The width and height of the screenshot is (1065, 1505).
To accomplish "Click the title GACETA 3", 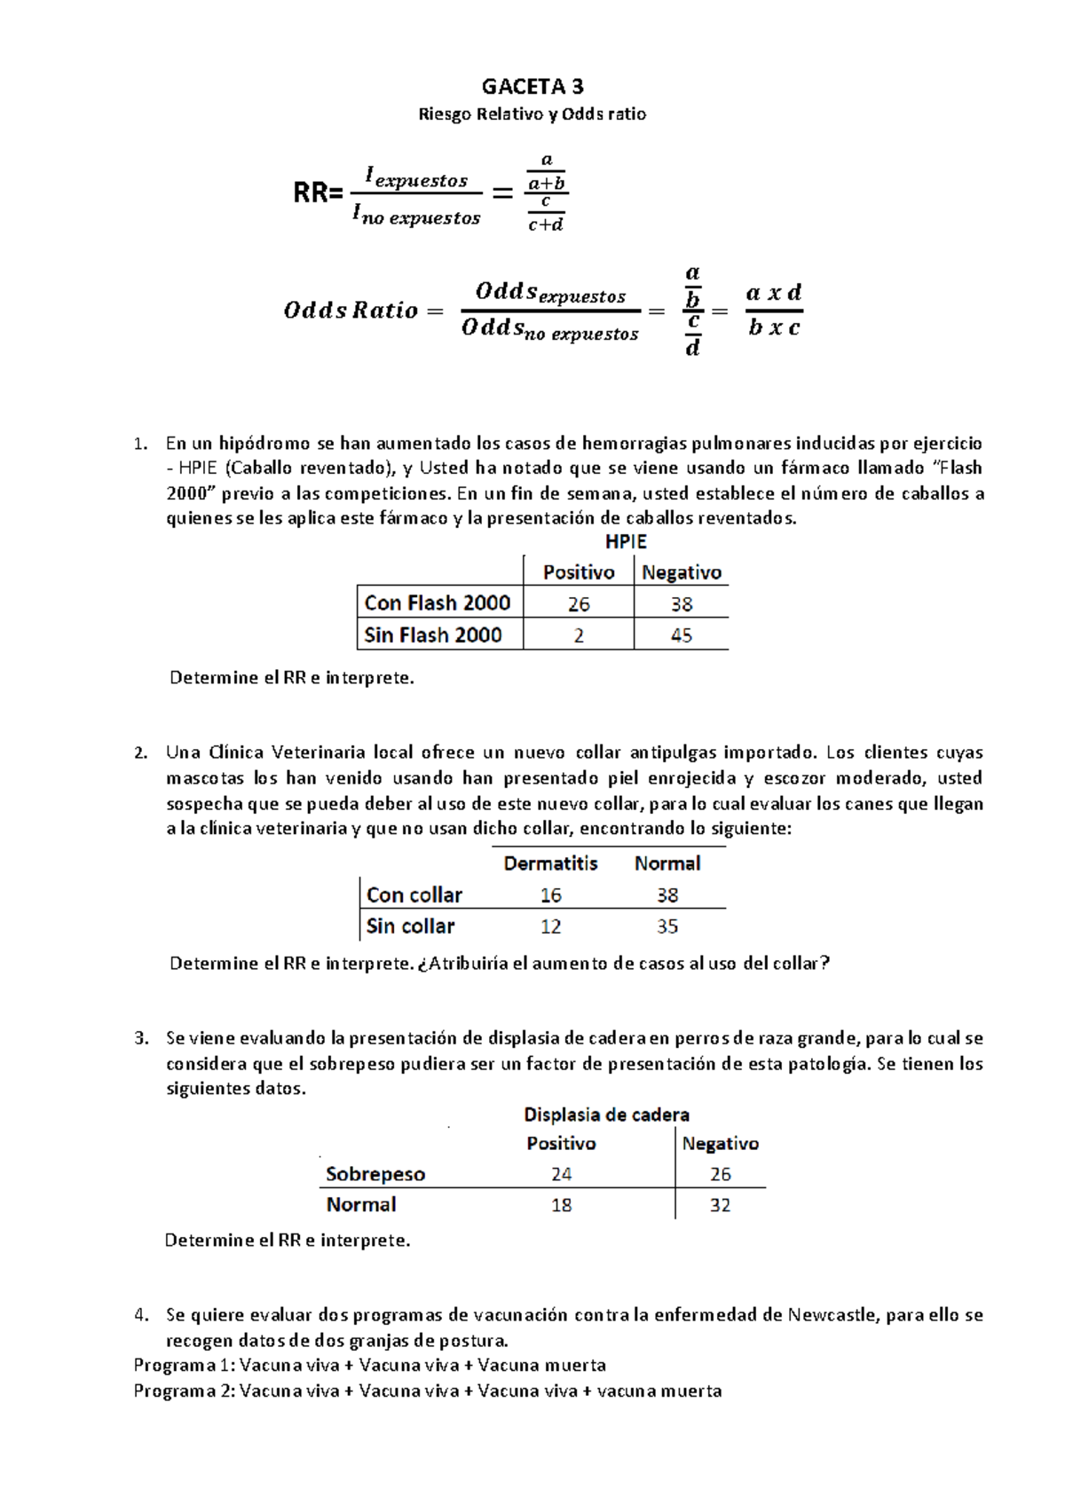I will (x=532, y=86).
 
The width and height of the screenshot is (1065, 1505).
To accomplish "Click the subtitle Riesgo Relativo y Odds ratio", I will (x=532, y=114).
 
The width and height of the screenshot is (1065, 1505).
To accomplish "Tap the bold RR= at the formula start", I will (x=318, y=193).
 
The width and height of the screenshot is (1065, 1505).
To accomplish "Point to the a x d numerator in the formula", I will (x=774, y=293).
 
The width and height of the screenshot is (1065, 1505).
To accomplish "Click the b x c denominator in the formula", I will (x=774, y=327).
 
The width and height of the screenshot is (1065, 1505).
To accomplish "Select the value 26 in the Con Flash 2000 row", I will (x=579, y=604).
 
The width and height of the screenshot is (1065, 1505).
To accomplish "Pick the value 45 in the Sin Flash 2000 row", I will (x=682, y=635).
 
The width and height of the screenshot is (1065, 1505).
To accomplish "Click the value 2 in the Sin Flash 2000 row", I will (x=579, y=635).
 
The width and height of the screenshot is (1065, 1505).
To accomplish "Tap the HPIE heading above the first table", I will (x=626, y=541).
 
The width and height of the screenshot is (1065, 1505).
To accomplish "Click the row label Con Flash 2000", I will (x=438, y=603).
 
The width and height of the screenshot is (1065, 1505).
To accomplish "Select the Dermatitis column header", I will (x=550, y=863).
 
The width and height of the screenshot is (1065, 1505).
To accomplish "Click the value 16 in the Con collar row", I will (x=551, y=895).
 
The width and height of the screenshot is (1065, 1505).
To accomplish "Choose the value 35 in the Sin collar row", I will (x=667, y=926).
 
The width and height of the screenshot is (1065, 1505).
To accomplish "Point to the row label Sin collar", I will (x=410, y=926).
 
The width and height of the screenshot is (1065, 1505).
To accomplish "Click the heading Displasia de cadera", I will (x=606, y=1115).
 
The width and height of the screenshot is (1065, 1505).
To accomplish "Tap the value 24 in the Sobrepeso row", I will (x=561, y=1174).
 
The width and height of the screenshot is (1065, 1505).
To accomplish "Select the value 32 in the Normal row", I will (x=720, y=1205).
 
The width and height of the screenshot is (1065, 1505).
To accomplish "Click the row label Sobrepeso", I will (x=375, y=1174).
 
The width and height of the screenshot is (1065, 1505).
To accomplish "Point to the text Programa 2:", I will (x=184, y=1391).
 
